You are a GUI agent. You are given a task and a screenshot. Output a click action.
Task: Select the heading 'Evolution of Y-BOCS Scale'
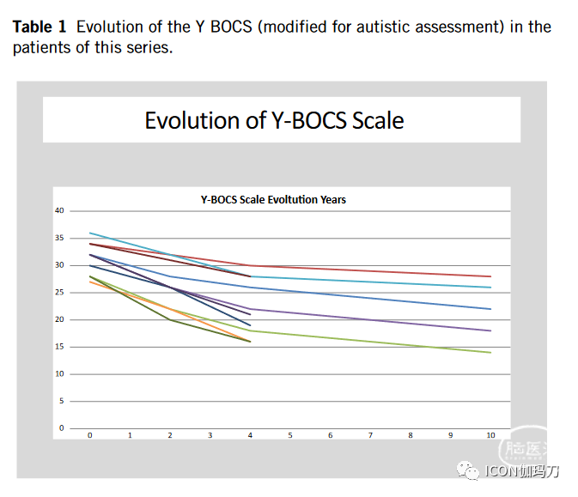pos(274,119)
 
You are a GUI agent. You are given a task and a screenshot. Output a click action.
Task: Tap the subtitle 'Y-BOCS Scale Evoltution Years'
pos(273,199)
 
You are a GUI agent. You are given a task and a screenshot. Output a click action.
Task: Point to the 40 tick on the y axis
pos(59,210)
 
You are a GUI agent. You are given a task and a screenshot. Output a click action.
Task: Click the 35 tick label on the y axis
pos(59,238)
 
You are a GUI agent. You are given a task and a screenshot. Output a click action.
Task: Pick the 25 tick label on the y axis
pos(59,293)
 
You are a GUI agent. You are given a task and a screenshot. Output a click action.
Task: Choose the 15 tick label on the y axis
pos(59,347)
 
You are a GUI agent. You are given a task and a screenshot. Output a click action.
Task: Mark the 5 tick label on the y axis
pos(61,401)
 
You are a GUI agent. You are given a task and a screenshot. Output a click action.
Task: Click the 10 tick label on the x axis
pos(490,434)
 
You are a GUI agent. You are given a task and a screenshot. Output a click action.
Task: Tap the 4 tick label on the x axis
pos(250,434)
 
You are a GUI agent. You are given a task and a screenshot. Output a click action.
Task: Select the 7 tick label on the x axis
pos(370,434)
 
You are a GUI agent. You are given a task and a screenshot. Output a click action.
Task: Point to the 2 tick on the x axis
pos(170,434)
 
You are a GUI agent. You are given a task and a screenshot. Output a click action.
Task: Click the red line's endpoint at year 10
pos(490,276)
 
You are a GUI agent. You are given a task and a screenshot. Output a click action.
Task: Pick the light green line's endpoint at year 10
pos(490,352)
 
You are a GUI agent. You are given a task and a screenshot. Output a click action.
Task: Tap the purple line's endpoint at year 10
pos(490,330)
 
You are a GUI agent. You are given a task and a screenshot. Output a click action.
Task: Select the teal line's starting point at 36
pos(90,233)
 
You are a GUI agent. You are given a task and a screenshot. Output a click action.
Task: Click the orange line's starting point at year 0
pos(90,282)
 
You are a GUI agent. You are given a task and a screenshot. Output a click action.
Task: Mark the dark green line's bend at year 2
pos(170,319)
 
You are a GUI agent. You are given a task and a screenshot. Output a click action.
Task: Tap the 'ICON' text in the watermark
pos(500,471)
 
